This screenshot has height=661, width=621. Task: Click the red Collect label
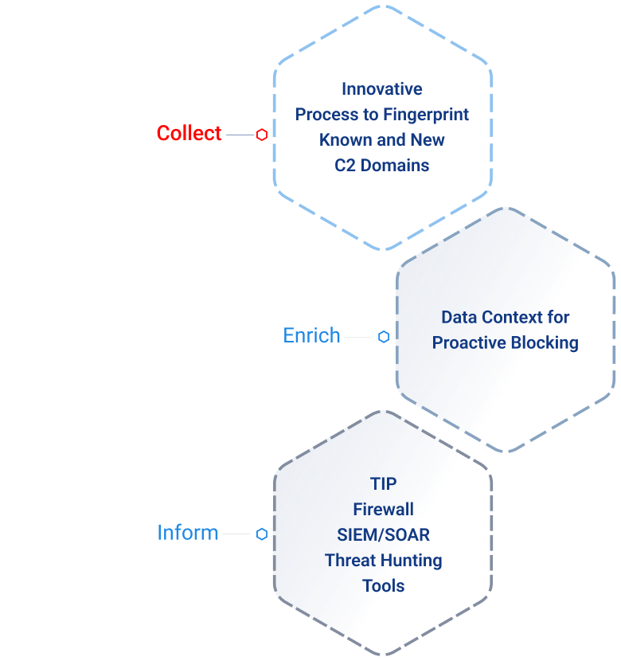(189, 133)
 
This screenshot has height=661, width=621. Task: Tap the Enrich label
(311, 335)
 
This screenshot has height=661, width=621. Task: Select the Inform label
(188, 532)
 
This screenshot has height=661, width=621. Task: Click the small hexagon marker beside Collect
(261, 135)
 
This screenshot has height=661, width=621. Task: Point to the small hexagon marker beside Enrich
(384, 337)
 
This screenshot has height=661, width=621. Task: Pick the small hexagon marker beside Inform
(261, 534)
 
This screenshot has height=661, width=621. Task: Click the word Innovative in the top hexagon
(382, 88)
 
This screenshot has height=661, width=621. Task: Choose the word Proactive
(470, 342)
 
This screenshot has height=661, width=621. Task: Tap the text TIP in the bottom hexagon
(383, 483)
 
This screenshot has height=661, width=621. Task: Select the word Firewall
(383, 509)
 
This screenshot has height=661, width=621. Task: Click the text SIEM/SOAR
(383, 534)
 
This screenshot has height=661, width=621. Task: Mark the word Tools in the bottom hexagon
(383, 585)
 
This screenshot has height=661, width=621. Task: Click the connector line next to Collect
(239, 135)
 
